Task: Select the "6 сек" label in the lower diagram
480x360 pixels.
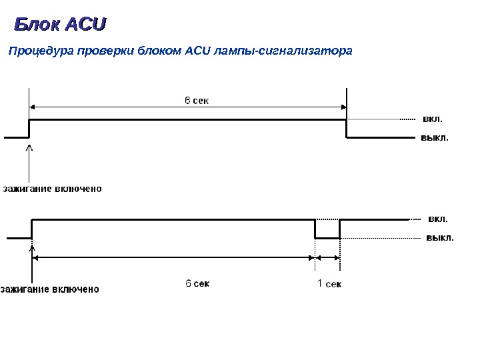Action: coord(197,283)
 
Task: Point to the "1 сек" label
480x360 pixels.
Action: coord(329,284)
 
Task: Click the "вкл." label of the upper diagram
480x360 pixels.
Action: coord(433,119)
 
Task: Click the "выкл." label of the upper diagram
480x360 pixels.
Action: coord(435,138)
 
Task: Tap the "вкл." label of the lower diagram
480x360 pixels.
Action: coord(438,218)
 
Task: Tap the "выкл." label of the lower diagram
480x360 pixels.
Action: coord(440,237)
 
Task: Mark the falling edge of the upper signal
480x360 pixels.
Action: coord(347,129)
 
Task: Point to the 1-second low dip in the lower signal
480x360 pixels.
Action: coord(327,237)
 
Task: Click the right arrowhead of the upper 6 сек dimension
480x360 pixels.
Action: coord(342,106)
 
